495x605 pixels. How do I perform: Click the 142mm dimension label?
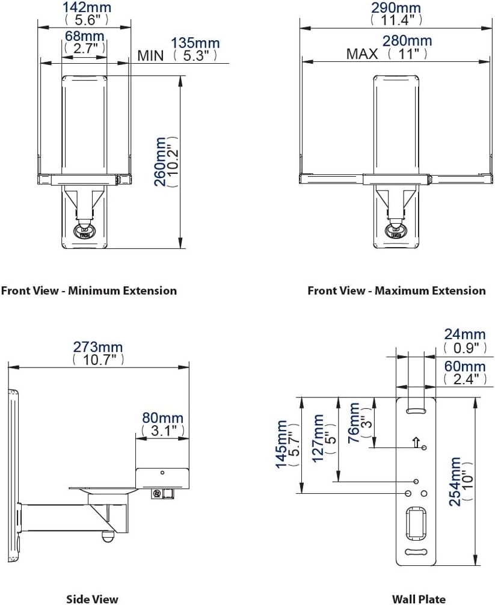click(x=84, y=8)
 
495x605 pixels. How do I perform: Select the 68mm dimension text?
click(x=84, y=36)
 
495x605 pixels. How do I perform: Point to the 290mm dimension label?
click(x=396, y=8)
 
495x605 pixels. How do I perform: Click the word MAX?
click(x=362, y=54)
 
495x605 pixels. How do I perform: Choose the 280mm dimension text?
click(x=407, y=41)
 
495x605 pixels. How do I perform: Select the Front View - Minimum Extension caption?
click(x=89, y=291)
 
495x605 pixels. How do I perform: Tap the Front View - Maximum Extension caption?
click(x=396, y=291)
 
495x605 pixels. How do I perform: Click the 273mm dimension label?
click(x=98, y=347)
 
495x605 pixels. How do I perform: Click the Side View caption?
click(x=92, y=598)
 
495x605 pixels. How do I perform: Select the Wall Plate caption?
click(x=419, y=598)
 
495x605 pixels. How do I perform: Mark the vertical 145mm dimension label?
click(x=281, y=445)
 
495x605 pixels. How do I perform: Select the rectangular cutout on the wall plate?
click(x=416, y=520)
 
